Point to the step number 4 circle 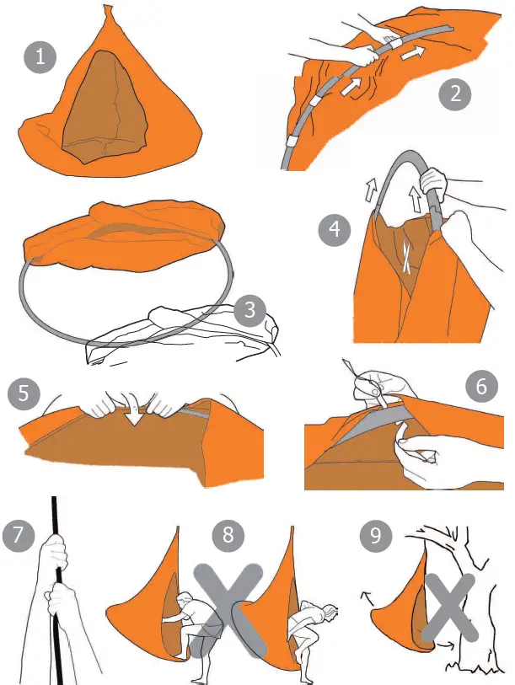335,229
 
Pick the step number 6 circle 481,387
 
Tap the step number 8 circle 227,533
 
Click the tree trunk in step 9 473,623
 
